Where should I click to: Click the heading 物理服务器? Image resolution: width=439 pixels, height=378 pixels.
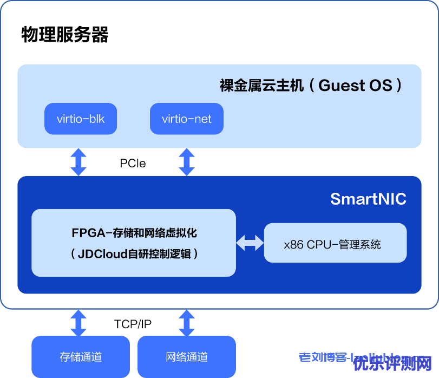tap(65, 34)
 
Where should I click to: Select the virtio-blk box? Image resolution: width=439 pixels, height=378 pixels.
tap(81, 119)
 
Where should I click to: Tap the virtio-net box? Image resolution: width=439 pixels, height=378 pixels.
tap(187, 119)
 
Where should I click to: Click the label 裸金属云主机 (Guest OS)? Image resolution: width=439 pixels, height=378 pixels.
tap(311, 85)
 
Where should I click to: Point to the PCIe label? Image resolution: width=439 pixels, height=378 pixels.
tap(133, 163)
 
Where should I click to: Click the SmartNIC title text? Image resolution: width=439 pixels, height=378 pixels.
tap(368, 199)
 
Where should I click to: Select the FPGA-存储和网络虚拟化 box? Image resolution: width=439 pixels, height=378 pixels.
tap(134, 243)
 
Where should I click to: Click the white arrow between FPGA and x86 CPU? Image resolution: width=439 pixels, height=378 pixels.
tap(250, 243)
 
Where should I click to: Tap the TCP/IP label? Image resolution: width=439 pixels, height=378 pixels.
tap(133, 324)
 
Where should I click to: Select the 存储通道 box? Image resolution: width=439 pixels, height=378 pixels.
tap(81, 356)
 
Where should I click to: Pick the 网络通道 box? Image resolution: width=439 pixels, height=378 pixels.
tap(187, 356)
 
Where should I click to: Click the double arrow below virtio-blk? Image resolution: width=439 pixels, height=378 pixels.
tap(78, 162)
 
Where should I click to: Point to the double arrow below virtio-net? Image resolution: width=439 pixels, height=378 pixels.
tap(187, 162)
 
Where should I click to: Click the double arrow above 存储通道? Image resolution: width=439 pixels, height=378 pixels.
tap(78, 323)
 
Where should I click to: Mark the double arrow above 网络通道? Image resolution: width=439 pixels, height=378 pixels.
tap(187, 323)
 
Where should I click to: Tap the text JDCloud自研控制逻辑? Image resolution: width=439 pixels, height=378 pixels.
tap(134, 253)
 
